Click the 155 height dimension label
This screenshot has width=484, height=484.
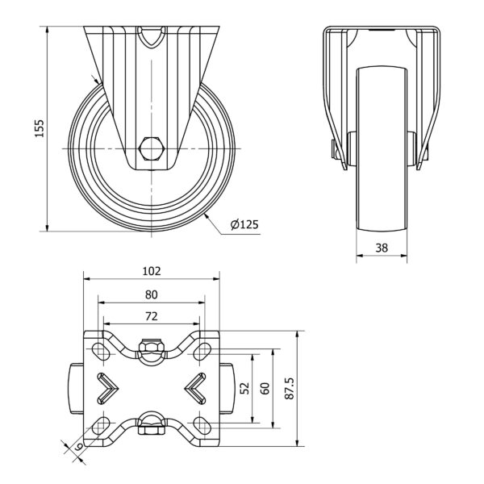click(40, 128)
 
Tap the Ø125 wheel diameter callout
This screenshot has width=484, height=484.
click(244, 224)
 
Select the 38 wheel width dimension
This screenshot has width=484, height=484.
click(382, 248)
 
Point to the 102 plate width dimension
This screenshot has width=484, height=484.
click(152, 271)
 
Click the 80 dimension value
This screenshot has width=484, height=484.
click(152, 295)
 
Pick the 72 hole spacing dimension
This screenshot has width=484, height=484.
click(152, 316)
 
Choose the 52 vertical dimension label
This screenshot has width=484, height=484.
click(244, 388)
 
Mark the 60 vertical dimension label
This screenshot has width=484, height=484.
click(265, 388)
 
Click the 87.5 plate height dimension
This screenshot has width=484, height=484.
click(290, 388)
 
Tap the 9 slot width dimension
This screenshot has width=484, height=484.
click(79, 446)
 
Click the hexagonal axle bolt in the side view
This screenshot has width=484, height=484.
click(152, 148)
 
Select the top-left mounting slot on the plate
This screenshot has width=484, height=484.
click(102, 351)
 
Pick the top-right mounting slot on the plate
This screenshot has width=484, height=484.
click(202, 351)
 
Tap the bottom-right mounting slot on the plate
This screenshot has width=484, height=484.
click(202, 426)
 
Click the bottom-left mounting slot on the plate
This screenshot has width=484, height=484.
click(102, 426)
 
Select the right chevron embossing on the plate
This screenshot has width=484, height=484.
click(195, 388)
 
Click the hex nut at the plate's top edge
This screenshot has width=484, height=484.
click(152, 346)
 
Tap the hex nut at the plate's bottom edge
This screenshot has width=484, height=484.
click(152, 430)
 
